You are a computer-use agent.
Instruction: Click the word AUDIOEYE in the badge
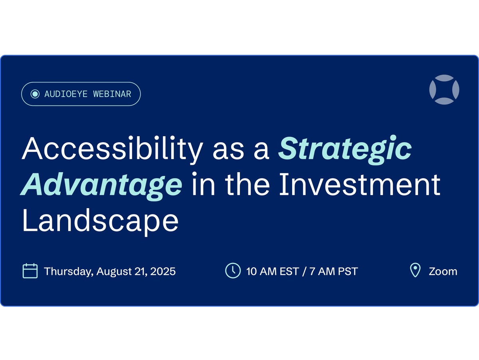(66, 94)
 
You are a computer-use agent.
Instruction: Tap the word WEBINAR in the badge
(112, 94)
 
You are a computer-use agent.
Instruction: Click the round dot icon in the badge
(35, 94)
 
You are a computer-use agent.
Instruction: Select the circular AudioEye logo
(444, 90)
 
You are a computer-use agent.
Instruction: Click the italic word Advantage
(101, 186)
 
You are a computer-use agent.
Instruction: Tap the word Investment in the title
(360, 184)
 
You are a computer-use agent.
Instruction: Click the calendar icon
(30, 271)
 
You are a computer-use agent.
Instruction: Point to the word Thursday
(69, 272)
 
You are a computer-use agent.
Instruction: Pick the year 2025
(163, 272)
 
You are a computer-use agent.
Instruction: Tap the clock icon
(233, 270)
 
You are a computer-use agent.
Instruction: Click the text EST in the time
(289, 272)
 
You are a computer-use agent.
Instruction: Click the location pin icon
(415, 270)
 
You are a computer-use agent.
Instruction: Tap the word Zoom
(443, 272)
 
